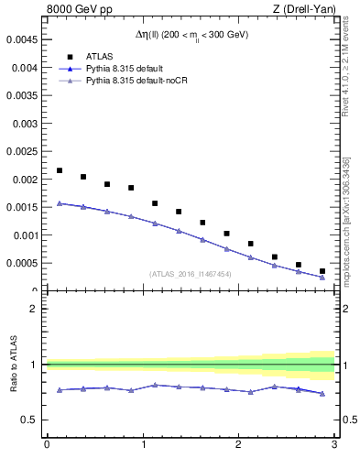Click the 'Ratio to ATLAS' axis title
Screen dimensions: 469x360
pos(12,364)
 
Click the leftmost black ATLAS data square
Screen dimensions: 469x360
pos(60,170)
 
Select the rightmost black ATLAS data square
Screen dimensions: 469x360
pos(322,271)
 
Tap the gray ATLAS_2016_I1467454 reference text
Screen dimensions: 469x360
pos(191,273)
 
